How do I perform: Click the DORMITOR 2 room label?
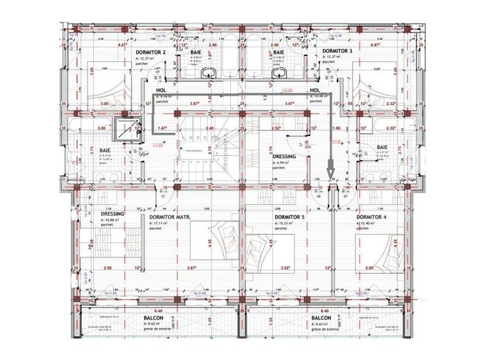150,51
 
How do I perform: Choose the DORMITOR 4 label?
370,217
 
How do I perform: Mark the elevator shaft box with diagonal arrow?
120,129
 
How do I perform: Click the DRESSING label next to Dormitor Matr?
112,214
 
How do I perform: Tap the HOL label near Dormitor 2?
160,91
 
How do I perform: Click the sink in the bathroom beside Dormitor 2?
205,74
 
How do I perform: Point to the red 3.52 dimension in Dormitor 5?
286,268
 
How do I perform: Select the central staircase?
208,150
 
